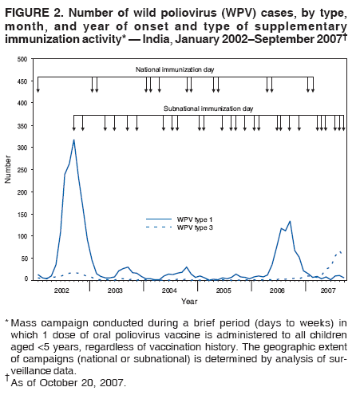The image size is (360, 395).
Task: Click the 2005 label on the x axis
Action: (x=224, y=291)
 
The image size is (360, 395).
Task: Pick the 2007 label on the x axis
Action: (x=327, y=291)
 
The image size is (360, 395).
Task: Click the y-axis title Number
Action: (x=8, y=169)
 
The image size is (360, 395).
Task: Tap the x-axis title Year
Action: (x=189, y=302)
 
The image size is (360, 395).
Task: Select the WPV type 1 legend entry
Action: (x=194, y=219)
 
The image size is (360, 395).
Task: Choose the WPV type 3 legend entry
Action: (x=194, y=228)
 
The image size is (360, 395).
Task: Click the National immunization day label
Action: (x=174, y=70)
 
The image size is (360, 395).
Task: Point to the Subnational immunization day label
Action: (x=208, y=108)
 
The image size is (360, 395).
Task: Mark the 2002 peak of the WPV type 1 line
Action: (x=74, y=140)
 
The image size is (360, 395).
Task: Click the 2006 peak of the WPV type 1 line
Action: (x=289, y=221)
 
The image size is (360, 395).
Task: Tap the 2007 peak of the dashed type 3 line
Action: (x=338, y=251)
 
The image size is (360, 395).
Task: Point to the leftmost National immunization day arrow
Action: (x=38, y=89)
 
